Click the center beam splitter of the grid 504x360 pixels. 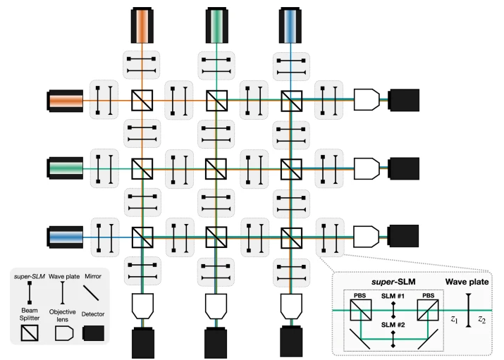[216, 168]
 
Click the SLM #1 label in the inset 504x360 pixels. [393, 297]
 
